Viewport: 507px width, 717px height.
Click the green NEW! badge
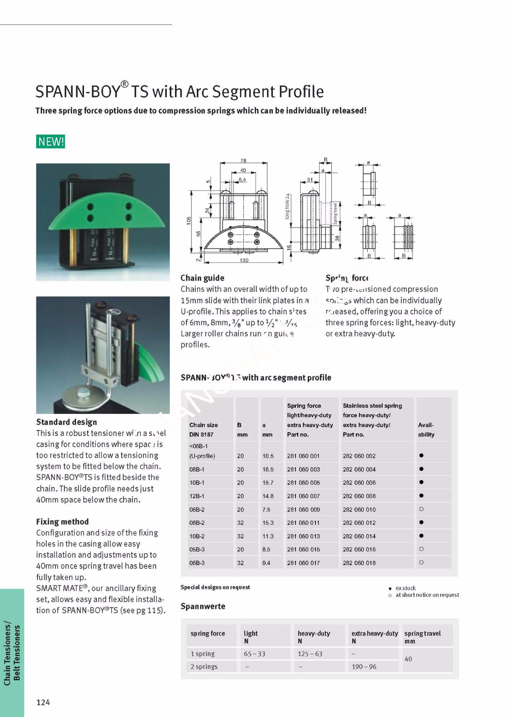[51, 142]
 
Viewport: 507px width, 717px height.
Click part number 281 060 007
[303, 496]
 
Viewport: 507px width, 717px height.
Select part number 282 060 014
[359, 536]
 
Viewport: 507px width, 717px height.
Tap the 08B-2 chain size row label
[197, 523]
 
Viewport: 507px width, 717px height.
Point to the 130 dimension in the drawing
[244, 260]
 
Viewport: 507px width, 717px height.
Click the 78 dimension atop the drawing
[243, 161]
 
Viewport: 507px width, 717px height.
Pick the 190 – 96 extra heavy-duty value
[364, 666]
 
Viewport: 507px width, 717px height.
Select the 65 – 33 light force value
[254, 654]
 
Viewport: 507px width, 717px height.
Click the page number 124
[43, 702]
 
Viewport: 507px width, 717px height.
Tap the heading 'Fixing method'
[62, 522]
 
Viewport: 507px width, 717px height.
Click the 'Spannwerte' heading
[203, 606]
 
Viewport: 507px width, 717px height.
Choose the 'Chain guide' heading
[202, 278]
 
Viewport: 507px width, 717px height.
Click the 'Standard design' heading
[66, 422]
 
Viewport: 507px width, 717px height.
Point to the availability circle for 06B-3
[421, 562]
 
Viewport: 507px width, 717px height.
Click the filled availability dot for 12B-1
[421, 496]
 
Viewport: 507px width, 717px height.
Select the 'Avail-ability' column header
[426, 429]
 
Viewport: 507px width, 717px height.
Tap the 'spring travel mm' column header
[422, 637]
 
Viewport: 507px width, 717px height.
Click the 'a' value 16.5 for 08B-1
[268, 469]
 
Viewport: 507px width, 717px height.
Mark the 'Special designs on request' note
[215, 587]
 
